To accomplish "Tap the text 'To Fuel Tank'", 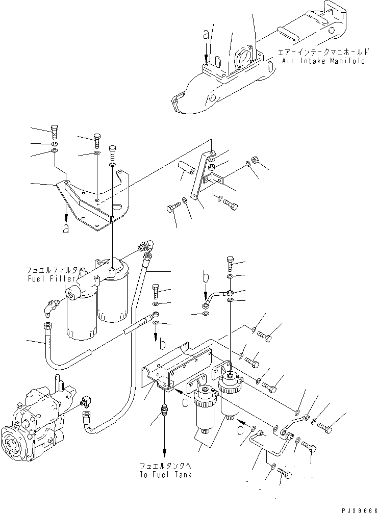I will coord(166,474).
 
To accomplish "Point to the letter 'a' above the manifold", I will coord(206,35).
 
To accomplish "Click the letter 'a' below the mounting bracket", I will coord(66,229).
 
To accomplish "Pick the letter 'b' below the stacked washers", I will coord(162,345).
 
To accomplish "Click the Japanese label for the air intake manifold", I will coord(321,52).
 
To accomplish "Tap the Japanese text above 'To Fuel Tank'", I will coord(166,466).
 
